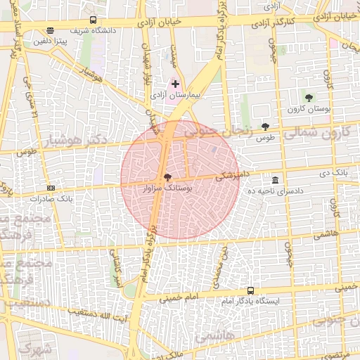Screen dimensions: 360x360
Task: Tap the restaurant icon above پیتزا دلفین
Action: click(50, 30)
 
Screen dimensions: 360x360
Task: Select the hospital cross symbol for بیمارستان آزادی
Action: click(175, 84)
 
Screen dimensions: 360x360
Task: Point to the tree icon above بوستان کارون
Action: click(309, 97)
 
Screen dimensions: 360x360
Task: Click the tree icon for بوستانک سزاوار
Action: click(167, 177)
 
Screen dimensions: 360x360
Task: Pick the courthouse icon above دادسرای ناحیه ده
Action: click(274, 180)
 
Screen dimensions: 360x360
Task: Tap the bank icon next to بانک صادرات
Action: click(51, 188)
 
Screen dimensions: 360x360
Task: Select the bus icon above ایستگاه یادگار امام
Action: click(251, 290)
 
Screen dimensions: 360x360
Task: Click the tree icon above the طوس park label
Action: click(264, 127)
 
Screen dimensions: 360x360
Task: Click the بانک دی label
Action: click(333, 172)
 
